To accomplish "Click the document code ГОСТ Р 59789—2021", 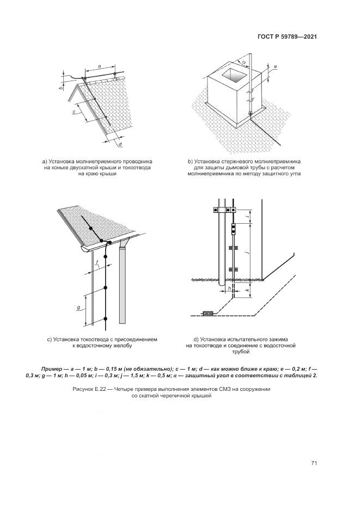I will [287, 36].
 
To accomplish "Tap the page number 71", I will [314, 463].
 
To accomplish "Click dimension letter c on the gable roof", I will [74, 112].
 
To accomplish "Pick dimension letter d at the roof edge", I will [119, 144].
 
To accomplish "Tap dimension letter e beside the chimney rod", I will [276, 67].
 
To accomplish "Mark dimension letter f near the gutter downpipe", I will [97, 262].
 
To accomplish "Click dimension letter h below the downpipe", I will [230, 289].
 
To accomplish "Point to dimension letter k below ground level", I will [247, 291].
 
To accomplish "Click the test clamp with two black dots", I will [234, 228].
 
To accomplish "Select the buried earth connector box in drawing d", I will [208, 313].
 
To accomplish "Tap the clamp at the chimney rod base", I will [251, 114].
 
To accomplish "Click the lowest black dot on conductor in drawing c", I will [105, 318].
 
